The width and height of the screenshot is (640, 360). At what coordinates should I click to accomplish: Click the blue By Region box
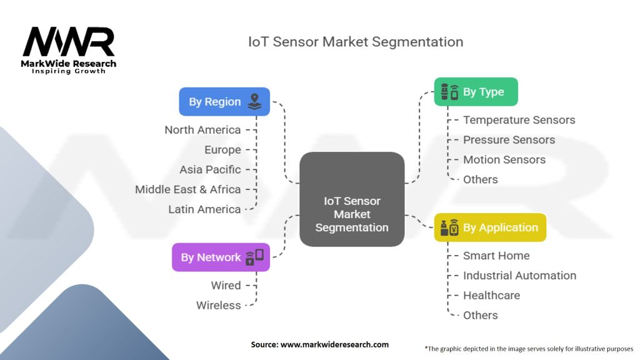[x=224, y=102]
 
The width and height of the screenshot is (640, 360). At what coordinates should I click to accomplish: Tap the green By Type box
[x=476, y=92]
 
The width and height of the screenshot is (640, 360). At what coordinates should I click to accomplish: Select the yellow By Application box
[x=490, y=227]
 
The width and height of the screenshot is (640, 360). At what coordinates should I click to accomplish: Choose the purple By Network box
[x=221, y=257]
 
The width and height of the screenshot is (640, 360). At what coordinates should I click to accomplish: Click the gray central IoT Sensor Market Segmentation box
[x=352, y=199]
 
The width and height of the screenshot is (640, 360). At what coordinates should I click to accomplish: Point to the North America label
[x=202, y=130]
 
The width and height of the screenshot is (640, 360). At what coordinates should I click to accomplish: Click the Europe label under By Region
[x=222, y=150]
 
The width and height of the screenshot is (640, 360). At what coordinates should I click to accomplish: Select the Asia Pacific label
[x=210, y=169]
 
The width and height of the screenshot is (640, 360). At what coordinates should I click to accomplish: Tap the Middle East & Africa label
[x=187, y=189]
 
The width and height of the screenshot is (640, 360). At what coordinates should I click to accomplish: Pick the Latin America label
[x=204, y=209]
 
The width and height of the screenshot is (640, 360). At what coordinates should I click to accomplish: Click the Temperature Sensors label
[x=519, y=120]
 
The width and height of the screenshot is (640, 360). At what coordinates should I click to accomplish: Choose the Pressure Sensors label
[x=509, y=140]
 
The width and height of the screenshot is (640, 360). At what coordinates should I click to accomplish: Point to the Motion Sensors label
[x=504, y=159]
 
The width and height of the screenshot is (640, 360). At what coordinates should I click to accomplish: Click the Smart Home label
[x=496, y=256]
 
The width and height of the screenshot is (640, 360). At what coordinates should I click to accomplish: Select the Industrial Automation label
[x=519, y=276]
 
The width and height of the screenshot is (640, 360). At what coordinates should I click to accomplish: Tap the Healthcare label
[x=491, y=296]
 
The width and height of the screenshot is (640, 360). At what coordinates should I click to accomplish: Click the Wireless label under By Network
[x=218, y=305]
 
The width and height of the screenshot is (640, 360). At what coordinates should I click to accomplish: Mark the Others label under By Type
[x=481, y=179]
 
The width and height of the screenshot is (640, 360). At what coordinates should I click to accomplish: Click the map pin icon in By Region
[x=255, y=102]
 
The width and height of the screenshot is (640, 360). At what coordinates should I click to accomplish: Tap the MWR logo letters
[x=69, y=42]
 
